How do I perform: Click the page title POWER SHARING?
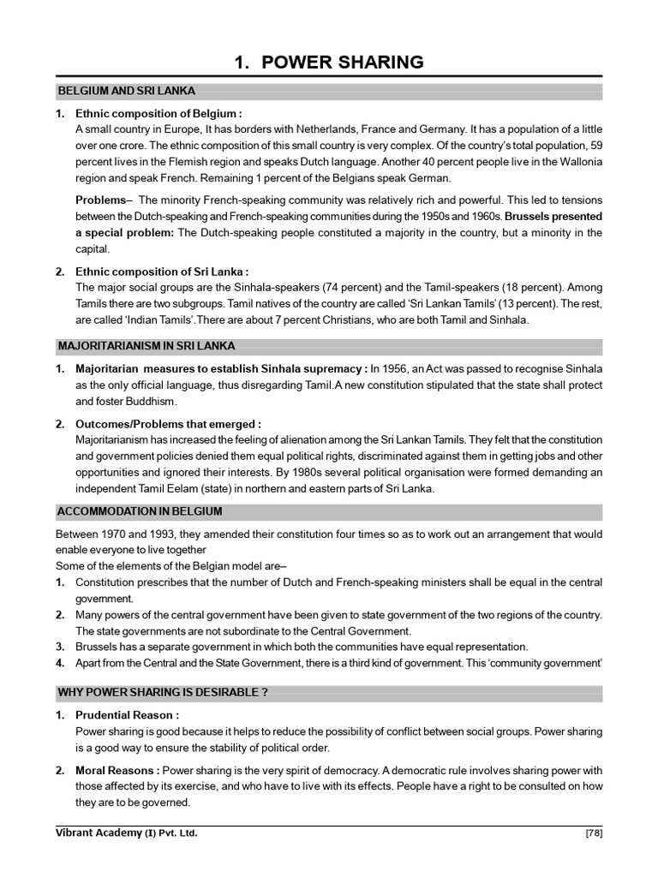[329, 62]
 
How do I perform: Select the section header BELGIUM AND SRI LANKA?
[126, 91]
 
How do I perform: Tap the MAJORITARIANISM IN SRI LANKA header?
[146, 346]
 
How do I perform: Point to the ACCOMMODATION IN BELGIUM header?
[140, 511]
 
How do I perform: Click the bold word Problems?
[99, 200]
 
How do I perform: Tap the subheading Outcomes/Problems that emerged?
[168, 423]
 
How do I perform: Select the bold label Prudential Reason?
[128, 715]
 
